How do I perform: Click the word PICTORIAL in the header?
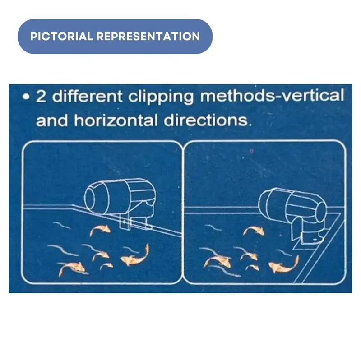(x=61, y=37)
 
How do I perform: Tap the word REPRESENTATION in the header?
(x=148, y=37)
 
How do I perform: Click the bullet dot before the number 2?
(x=26, y=97)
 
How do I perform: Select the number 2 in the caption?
(x=41, y=96)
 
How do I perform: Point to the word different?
(x=87, y=96)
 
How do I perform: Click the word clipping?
(x=161, y=97)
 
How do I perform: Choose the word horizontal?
(x=116, y=120)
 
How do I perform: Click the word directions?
(x=208, y=120)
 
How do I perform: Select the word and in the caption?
(x=52, y=120)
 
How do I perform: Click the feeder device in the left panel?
(x=120, y=200)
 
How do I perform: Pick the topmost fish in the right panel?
(x=254, y=231)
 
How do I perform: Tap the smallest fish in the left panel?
(x=106, y=266)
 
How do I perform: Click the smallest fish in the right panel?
(x=252, y=268)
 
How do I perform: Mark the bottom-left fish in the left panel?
(x=71, y=268)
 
